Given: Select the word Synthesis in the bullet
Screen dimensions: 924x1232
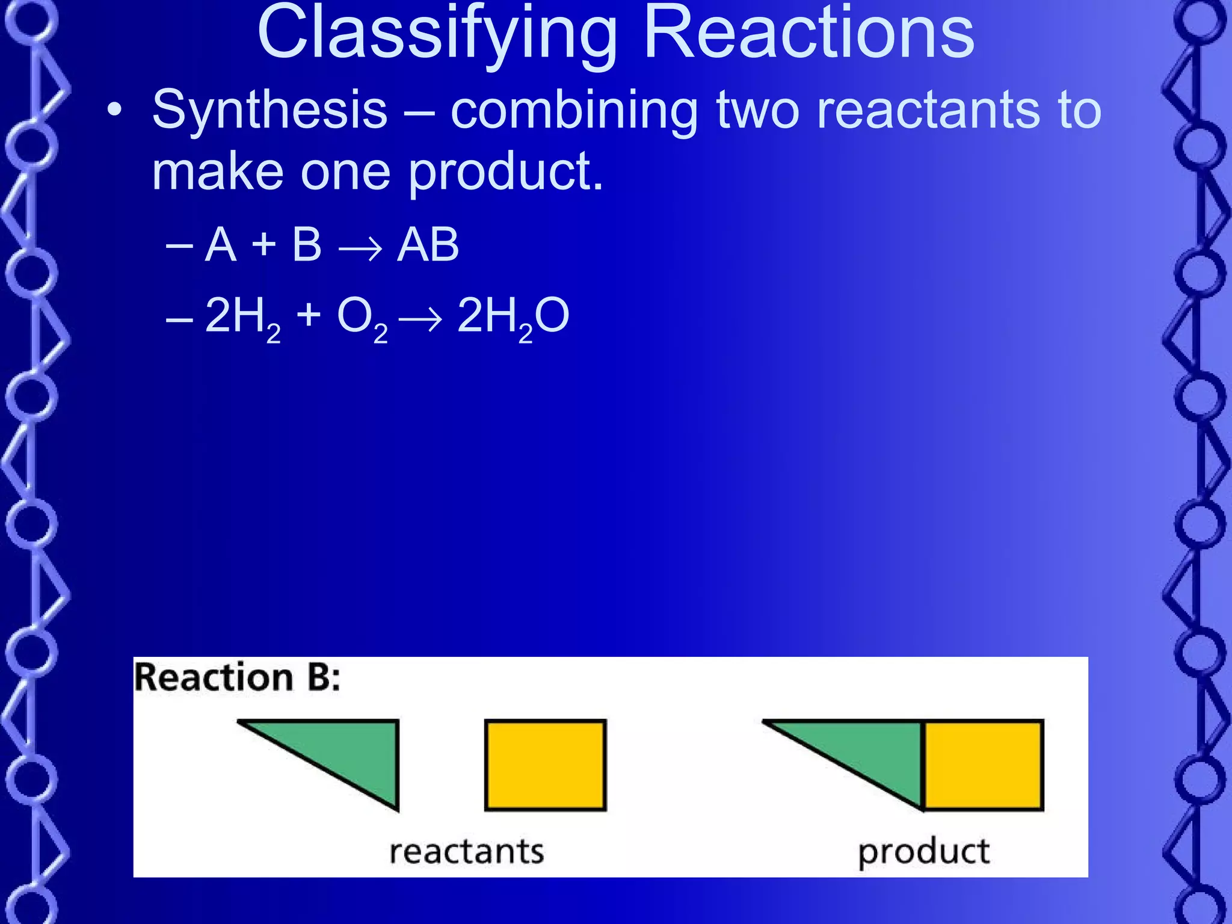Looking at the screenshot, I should (x=269, y=110).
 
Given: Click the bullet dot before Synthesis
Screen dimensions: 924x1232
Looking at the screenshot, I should (x=114, y=111).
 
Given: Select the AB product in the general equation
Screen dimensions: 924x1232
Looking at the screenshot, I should (x=428, y=245).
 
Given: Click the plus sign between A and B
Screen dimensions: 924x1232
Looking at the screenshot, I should (x=263, y=245).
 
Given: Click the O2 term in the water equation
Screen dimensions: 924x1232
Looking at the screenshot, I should (x=362, y=318).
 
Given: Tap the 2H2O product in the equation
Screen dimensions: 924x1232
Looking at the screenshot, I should (x=513, y=318).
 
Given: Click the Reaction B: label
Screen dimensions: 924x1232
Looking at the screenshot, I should (x=237, y=678).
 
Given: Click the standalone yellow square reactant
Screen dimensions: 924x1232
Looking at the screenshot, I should (x=545, y=765).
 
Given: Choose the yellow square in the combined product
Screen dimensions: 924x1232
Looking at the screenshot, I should (x=982, y=765).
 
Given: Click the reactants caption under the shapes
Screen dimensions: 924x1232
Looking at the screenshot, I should (x=466, y=852).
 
